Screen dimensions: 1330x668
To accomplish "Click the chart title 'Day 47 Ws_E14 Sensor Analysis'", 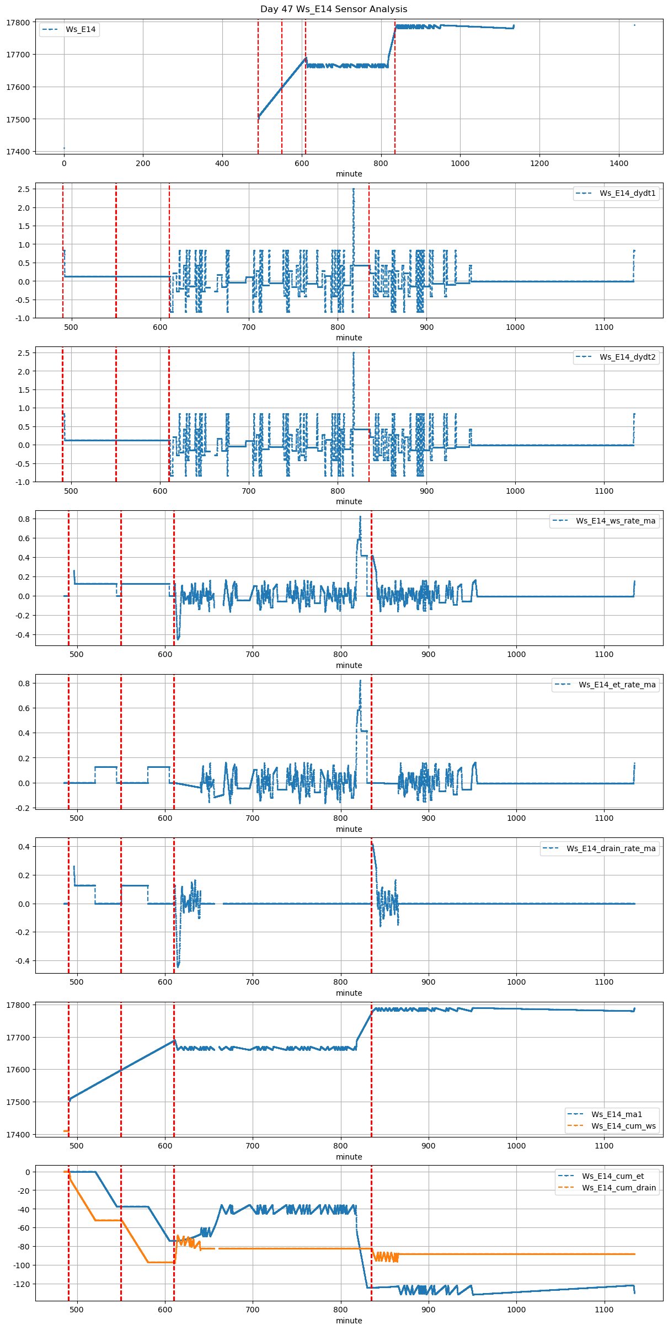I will (334, 9).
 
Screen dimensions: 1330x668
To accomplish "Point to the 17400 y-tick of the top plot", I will (20, 152).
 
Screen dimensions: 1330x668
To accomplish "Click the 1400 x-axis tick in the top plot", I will (619, 163).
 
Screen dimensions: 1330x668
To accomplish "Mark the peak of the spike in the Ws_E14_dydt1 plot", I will (354, 189).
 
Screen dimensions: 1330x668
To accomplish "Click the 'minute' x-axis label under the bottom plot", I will (349, 1321).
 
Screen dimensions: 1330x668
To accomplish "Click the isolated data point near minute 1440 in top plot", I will (634, 25).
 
